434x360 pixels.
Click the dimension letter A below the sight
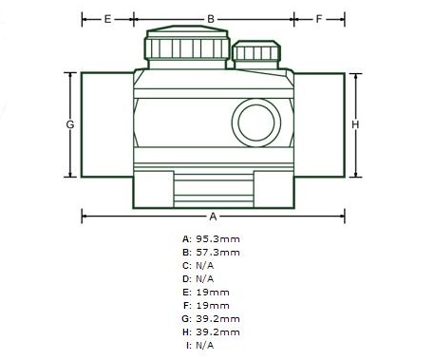coord(212,215)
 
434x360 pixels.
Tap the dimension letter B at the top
coord(211,18)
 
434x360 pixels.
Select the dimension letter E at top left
coord(106,18)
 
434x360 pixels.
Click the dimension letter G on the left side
coord(70,124)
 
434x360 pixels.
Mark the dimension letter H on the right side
coord(354,124)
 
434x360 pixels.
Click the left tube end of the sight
coord(105,123)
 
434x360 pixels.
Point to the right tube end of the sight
coord(318,123)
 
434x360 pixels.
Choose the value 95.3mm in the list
coord(218,239)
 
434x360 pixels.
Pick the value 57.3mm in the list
coord(218,253)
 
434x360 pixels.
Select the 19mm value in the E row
coord(213,293)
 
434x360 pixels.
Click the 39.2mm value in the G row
coord(218,319)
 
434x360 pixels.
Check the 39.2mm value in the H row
coord(218,332)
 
